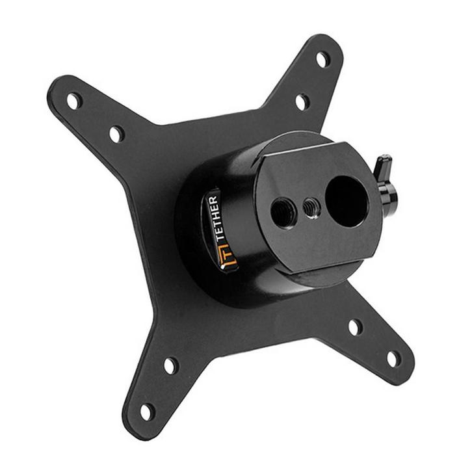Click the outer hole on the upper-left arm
pos(74,101)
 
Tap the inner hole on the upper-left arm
pos(116,134)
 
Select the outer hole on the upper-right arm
pos(322,59)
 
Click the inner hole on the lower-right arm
pos(355,327)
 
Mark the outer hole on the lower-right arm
pos(394,358)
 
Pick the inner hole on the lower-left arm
pos(170,365)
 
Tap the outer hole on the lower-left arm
pos(148,411)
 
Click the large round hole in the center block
pos(347,202)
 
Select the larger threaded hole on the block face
pos(283,213)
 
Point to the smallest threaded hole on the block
pos(309,208)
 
